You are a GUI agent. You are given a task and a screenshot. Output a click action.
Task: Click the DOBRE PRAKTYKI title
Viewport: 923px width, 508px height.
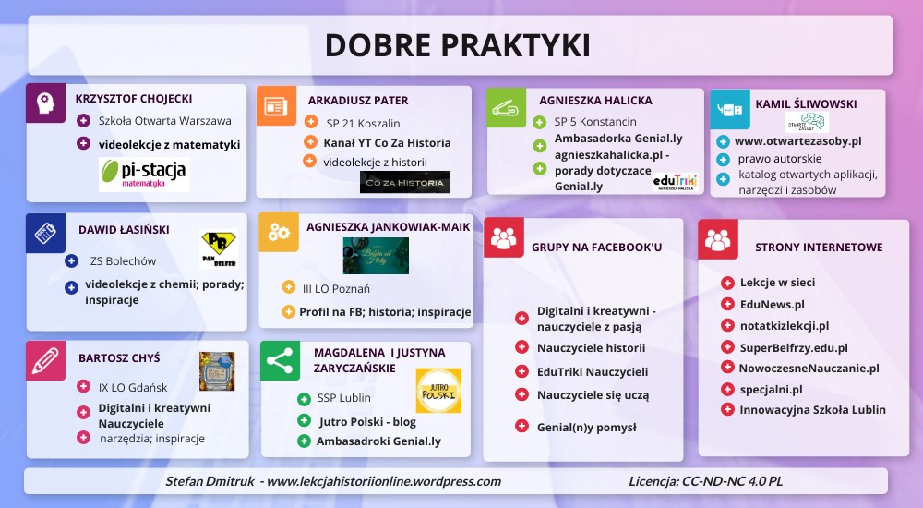coord(457,45)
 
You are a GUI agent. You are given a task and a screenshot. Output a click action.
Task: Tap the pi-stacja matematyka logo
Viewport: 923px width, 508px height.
coord(143,173)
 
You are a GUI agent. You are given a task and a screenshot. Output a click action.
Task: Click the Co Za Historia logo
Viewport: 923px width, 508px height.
coord(404,182)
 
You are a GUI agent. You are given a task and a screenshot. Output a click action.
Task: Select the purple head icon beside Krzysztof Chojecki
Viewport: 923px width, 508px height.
coord(45,103)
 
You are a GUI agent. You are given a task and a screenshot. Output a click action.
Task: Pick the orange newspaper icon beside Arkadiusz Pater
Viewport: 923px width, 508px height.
coord(276,104)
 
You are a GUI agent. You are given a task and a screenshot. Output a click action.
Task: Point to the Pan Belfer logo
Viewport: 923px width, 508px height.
coord(218,248)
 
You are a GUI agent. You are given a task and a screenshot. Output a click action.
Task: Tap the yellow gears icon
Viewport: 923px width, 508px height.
coord(279,231)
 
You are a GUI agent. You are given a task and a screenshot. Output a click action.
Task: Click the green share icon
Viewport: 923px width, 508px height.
coord(280,360)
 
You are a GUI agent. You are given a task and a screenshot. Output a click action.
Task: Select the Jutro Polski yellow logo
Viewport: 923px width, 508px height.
coord(438,390)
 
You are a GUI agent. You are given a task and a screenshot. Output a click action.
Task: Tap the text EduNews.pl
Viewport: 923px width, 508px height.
coord(772,304)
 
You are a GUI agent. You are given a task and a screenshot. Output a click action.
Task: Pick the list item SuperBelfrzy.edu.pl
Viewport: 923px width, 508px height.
coord(793,347)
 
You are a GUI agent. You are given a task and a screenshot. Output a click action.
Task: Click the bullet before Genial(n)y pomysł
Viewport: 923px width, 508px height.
coord(522,427)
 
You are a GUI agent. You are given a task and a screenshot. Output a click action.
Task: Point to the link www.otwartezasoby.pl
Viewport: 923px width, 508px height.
coord(797,141)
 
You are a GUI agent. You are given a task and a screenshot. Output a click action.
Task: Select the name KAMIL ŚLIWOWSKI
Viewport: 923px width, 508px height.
coord(806,104)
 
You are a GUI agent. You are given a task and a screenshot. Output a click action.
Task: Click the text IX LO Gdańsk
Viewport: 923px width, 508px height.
coord(133,387)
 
